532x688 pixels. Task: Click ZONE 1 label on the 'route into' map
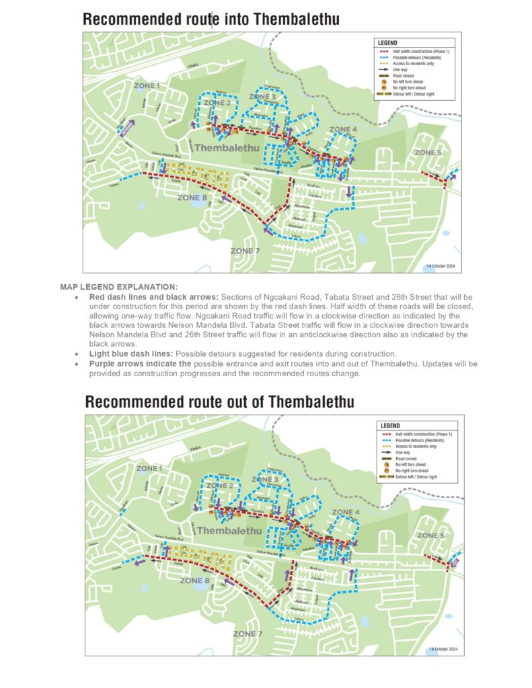(148, 86)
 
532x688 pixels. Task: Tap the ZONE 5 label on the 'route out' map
(430, 535)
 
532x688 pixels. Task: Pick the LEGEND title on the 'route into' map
(388, 43)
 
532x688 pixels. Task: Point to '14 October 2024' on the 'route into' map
(441, 266)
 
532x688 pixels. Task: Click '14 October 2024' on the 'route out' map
(444, 649)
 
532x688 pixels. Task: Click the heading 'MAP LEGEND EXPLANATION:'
(118, 287)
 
